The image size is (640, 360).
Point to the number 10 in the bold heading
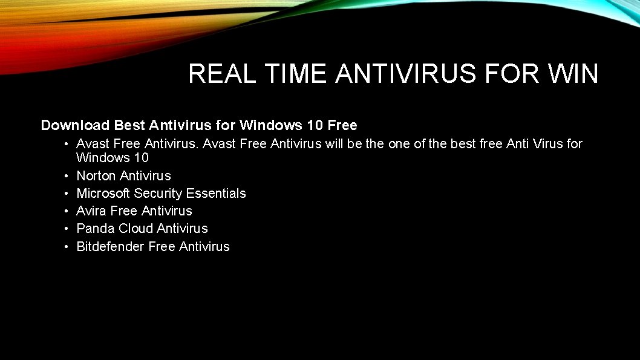(x=315, y=125)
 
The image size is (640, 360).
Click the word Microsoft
(x=103, y=194)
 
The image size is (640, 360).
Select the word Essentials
(x=216, y=194)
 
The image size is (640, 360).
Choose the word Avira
(x=91, y=211)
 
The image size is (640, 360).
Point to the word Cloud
(x=136, y=229)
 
